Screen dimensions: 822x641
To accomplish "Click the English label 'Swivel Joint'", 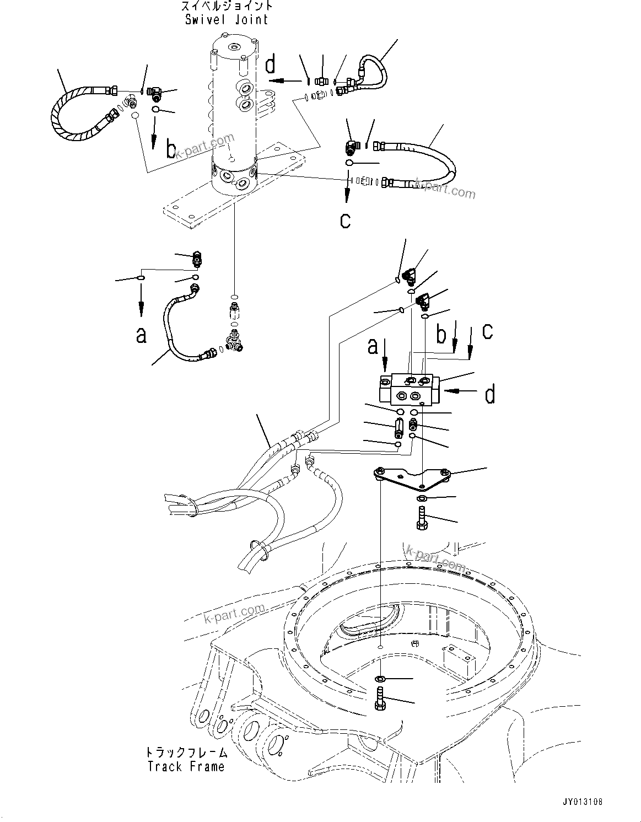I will [x=226, y=20].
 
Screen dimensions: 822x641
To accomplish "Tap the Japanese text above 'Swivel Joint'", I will [x=226, y=7].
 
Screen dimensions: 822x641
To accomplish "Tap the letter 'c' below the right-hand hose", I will [x=345, y=221].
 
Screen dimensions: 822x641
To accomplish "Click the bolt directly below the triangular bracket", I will [x=421, y=519].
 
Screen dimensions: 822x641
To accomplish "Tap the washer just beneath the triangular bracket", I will [x=422, y=499].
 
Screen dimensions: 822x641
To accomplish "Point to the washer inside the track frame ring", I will [x=381, y=678].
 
